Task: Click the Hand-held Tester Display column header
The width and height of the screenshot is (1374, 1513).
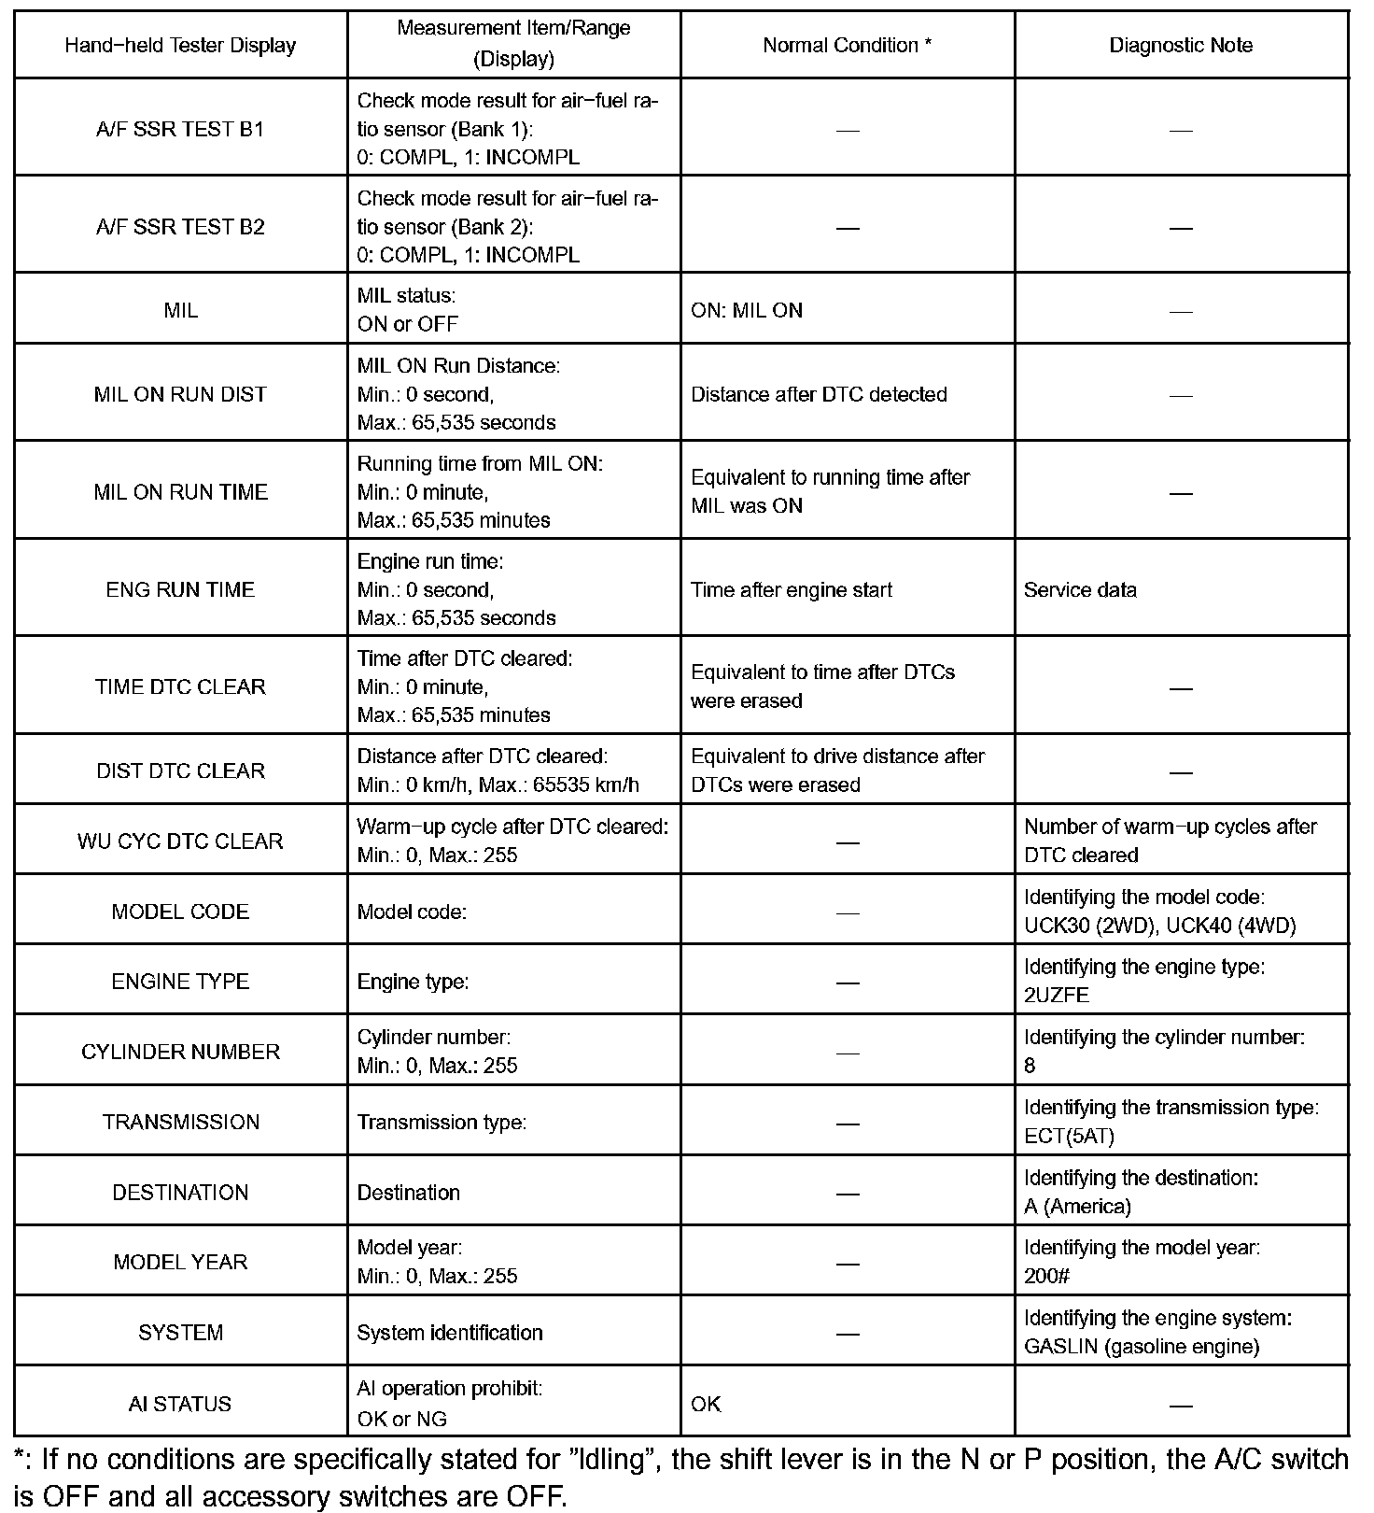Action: [180, 46]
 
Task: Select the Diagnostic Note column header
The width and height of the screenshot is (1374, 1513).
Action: [1181, 46]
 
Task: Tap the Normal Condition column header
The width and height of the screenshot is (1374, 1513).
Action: [847, 46]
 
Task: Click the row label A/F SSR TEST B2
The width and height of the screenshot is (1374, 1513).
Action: [180, 227]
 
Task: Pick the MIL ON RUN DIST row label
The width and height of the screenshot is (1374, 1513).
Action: [180, 394]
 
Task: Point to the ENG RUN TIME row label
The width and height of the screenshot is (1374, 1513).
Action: [180, 589]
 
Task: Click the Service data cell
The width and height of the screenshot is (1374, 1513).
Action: [1080, 590]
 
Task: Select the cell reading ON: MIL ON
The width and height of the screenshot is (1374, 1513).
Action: [747, 311]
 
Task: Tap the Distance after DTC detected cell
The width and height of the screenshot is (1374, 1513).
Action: [819, 394]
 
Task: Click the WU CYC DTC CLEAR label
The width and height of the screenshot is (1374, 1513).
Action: [180, 841]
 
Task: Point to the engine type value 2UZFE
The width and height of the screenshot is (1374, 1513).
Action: [1057, 996]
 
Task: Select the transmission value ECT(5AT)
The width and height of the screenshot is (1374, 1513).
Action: [1069, 1136]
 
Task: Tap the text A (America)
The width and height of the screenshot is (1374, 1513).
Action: [1077, 1207]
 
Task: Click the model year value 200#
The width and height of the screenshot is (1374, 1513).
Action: [1046, 1277]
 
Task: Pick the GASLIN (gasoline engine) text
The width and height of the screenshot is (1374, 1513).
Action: [1142, 1347]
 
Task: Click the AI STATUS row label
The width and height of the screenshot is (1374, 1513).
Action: [180, 1404]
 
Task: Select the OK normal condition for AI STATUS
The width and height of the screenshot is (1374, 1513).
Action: [706, 1404]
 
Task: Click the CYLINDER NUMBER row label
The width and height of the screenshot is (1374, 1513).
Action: [180, 1052]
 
